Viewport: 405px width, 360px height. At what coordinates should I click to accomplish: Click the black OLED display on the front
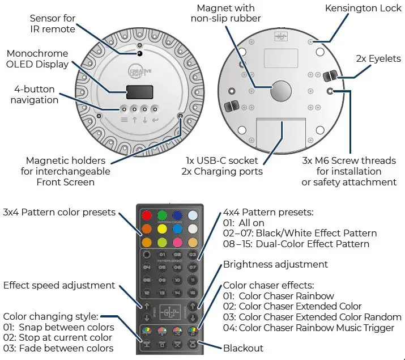[139, 92]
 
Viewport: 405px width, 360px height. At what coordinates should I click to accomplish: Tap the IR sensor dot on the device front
[139, 53]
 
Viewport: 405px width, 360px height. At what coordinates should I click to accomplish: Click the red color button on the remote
[146, 215]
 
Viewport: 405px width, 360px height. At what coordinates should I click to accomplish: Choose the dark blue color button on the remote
[177, 215]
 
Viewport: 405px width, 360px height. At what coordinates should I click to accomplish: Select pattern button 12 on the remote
[147, 294]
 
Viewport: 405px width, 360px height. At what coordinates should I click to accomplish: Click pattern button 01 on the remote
[162, 254]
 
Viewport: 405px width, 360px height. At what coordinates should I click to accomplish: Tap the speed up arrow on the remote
[147, 307]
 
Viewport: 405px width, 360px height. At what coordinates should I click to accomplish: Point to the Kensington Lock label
[358, 9]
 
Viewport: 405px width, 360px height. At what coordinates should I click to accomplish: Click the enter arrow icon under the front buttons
[155, 120]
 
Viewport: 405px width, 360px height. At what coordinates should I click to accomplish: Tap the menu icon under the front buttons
[124, 120]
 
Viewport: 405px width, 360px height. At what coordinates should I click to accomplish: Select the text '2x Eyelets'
[378, 58]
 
